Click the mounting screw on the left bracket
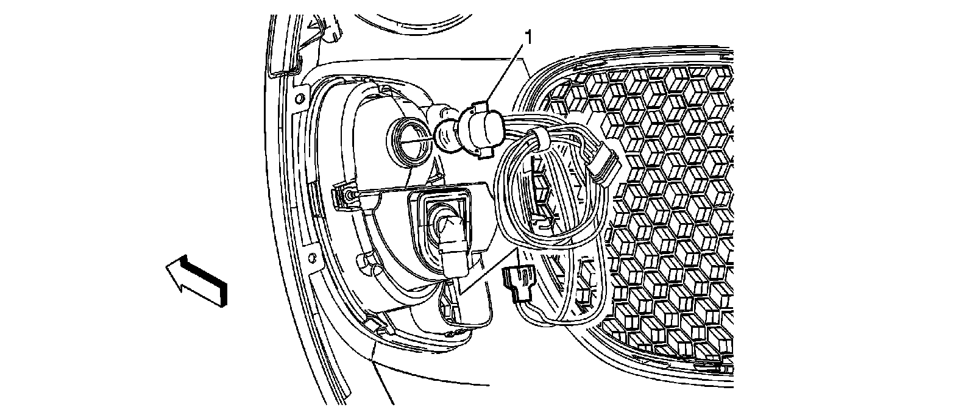pyautogui.click(x=349, y=195)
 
